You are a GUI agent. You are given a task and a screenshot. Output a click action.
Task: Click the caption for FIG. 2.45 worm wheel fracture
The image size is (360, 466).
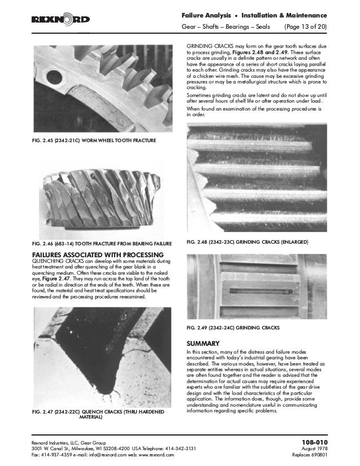pyautogui.click(x=93, y=139)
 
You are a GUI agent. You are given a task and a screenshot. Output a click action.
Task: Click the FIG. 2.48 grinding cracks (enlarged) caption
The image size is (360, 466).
pyautogui.click(x=247, y=242)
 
